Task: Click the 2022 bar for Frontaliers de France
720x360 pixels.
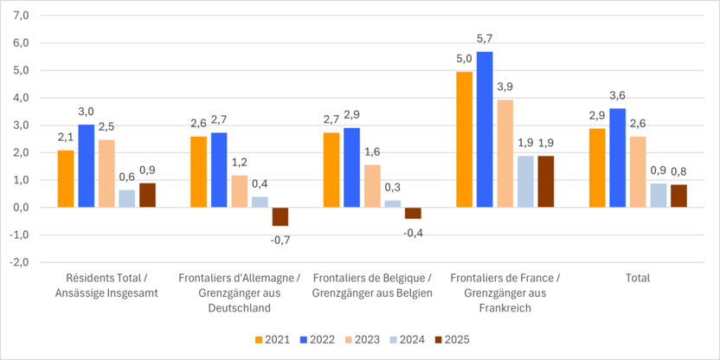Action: [x=485, y=130]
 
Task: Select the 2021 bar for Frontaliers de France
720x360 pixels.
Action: [x=464, y=139]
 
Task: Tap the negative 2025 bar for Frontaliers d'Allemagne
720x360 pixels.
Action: [x=280, y=216]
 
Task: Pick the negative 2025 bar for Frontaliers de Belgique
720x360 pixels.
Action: [x=413, y=213]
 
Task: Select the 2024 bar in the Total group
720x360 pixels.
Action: [x=659, y=196]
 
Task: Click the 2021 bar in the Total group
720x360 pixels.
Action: [x=597, y=168]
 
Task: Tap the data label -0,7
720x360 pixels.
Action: [x=280, y=240]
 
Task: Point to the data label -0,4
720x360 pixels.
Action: [x=413, y=233]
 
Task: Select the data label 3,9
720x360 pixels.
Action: [x=505, y=87]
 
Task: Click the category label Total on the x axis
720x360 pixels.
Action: [x=637, y=278]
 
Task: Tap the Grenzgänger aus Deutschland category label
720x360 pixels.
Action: [x=240, y=292]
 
